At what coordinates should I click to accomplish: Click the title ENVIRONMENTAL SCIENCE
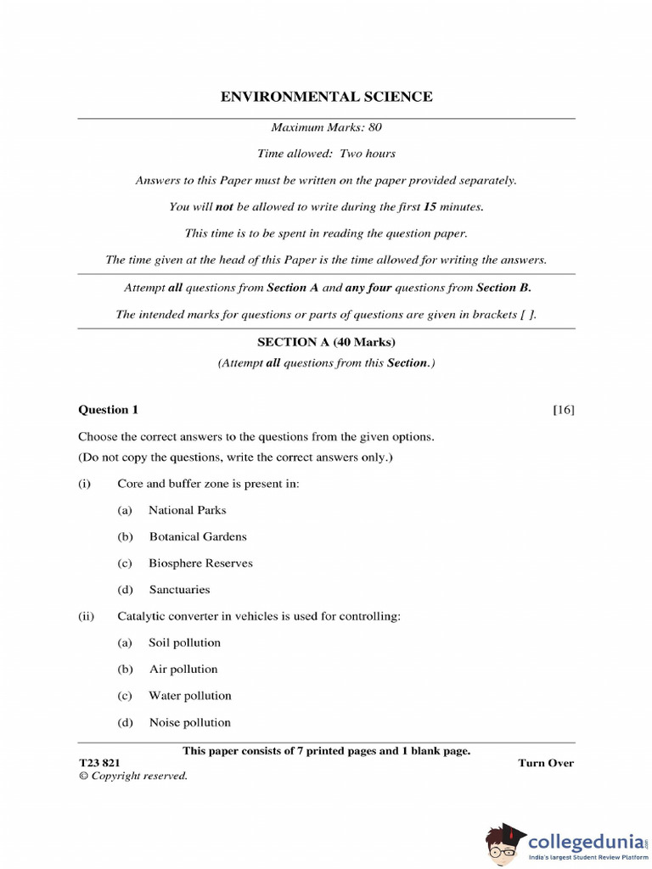click(326, 97)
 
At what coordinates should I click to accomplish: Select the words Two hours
click(368, 154)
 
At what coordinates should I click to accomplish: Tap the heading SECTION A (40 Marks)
click(326, 342)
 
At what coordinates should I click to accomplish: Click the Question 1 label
click(108, 410)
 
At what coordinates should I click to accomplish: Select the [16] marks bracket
click(563, 410)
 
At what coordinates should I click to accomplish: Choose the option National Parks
click(188, 510)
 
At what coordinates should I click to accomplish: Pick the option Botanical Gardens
click(198, 536)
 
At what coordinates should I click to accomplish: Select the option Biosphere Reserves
click(200, 563)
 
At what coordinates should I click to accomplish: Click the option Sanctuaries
click(179, 590)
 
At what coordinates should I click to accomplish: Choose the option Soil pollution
click(184, 642)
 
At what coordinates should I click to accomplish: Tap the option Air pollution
click(183, 669)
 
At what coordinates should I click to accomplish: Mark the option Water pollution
click(189, 696)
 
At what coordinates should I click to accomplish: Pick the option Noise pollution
click(189, 723)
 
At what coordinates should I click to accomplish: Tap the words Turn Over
click(546, 763)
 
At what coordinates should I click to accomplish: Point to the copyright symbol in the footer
click(83, 776)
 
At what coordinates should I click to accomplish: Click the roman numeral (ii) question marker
click(86, 616)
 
